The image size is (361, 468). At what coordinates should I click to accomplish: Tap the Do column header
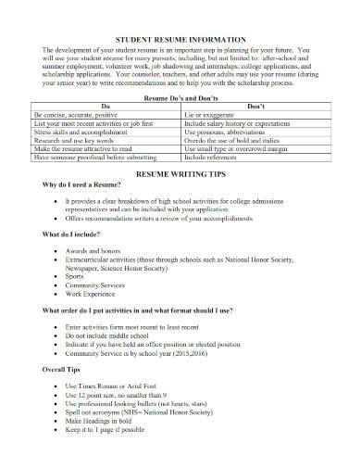[104, 106]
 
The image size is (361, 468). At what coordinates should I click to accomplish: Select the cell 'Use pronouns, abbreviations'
[227, 131]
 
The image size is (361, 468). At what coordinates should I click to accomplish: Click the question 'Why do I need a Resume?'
[81, 184]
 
